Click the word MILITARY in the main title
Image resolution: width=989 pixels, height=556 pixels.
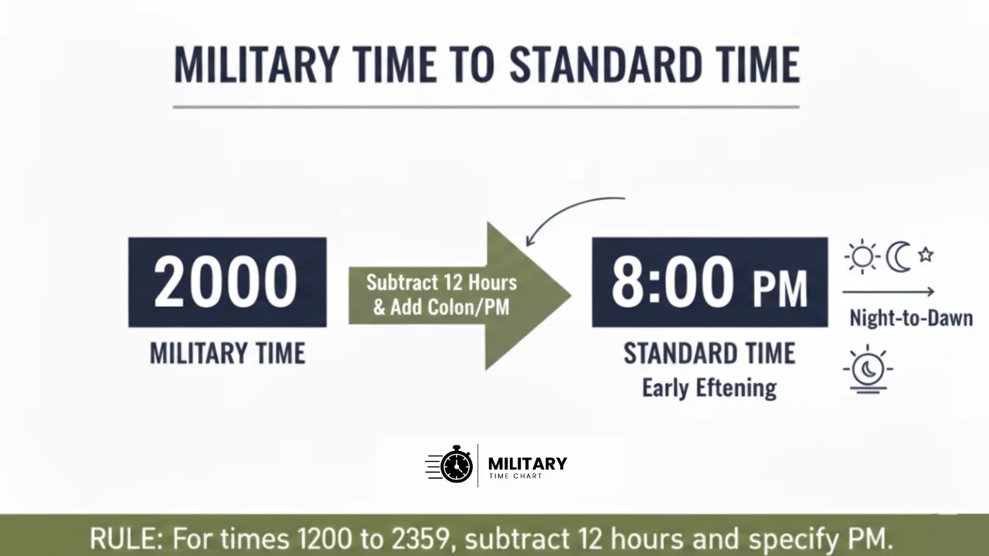coord(255,65)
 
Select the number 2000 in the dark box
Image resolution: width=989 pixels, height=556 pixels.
coord(226,281)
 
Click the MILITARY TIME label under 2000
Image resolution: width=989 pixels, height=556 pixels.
coord(227,354)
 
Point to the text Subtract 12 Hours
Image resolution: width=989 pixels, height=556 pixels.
coord(441,283)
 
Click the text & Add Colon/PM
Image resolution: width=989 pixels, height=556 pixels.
coord(441,307)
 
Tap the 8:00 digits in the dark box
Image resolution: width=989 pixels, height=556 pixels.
coord(672,281)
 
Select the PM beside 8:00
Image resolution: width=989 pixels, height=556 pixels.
coord(780,287)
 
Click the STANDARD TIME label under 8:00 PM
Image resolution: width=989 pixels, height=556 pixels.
coord(709,354)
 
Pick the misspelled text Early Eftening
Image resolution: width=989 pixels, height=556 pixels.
coord(709,387)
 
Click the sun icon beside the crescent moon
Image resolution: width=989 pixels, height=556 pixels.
coord(862,256)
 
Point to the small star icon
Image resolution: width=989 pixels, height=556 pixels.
coord(926,254)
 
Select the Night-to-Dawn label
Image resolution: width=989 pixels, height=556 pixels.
coord(910,317)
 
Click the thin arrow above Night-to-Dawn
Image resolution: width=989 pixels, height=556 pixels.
coord(889,292)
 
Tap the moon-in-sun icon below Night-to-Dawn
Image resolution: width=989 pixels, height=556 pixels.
coord(868,369)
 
